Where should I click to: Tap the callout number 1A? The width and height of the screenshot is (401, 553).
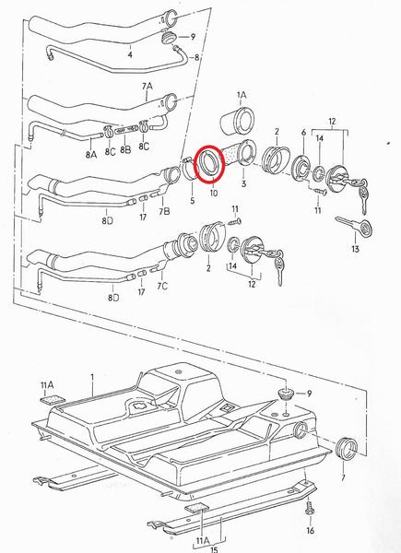click(x=242, y=95)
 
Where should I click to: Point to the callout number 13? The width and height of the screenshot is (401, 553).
click(x=354, y=247)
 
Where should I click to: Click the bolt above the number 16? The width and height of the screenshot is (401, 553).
click(x=311, y=508)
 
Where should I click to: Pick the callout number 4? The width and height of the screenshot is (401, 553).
click(x=130, y=54)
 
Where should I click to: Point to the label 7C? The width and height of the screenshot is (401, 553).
click(x=163, y=287)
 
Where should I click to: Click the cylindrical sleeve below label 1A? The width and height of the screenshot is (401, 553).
click(x=240, y=123)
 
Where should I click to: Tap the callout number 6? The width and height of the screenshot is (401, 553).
click(x=303, y=133)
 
